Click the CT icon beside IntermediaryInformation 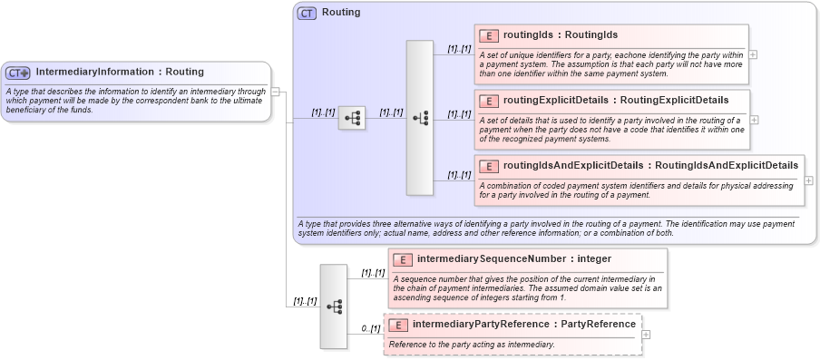point(18,73)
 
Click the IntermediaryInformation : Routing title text point(120,72)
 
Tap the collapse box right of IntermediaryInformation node point(276,91)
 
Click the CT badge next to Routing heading point(307,14)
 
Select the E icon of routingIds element point(490,35)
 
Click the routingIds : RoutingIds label point(560,35)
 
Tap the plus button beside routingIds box point(754,55)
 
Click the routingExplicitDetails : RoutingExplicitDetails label point(614,99)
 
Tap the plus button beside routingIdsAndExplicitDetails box point(809,180)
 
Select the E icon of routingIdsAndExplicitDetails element point(490,166)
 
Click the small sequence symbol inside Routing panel point(352,118)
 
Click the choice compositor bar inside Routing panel point(420,118)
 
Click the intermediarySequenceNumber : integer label point(513,258)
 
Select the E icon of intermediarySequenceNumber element point(404,259)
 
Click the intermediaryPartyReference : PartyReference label point(523,324)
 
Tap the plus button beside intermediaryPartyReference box point(647,335)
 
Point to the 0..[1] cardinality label point(370,328)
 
